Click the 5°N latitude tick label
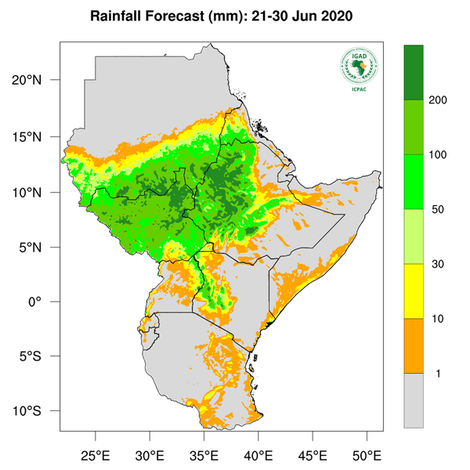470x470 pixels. coord(39,248)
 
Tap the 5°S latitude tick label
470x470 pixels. coord(39,357)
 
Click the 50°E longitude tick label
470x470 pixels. coord(367,455)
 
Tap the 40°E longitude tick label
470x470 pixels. coord(258,455)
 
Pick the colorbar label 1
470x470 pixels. coord(437,374)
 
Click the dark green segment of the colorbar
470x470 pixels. coord(413,73)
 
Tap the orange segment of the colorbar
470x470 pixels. coord(413,345)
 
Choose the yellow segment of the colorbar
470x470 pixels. coord(413,291)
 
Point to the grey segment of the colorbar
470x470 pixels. coord(413,400)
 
